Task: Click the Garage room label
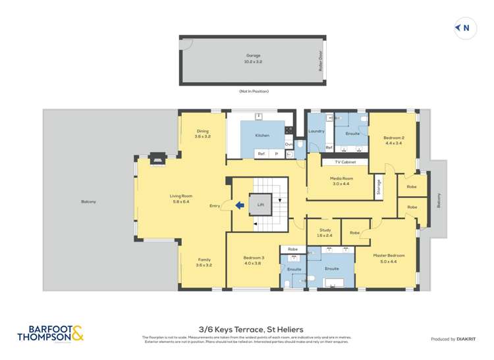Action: [253, 56]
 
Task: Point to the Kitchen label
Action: [262, 136]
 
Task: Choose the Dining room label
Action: [202, 131]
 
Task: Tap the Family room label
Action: [204, 260]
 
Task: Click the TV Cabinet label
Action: [345, 162]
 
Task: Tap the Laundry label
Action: [316, 131]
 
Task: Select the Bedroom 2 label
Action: [394, 138]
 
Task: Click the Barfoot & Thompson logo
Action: [51, 333]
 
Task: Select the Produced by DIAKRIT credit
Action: [453, 339]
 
